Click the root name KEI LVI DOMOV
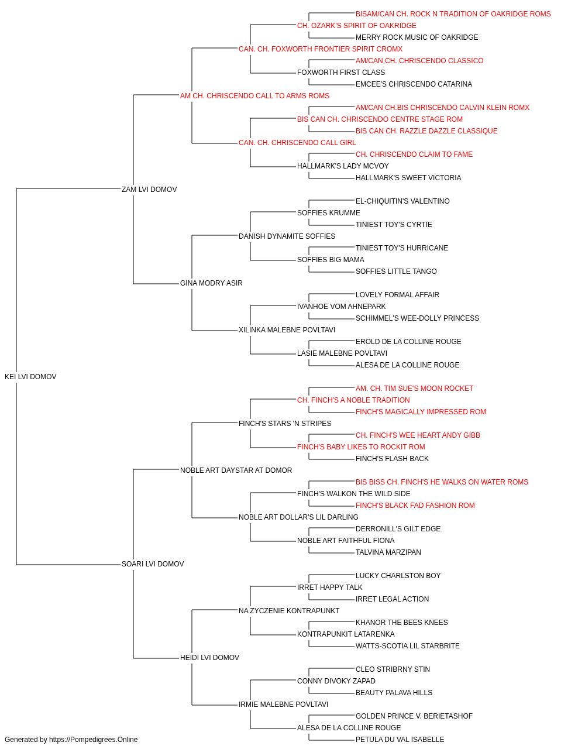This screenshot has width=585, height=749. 30,376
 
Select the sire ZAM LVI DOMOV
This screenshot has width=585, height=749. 149,189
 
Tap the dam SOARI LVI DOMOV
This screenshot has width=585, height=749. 153,564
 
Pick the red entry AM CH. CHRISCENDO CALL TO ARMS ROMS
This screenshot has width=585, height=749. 254,96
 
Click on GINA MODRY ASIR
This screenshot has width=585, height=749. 211,283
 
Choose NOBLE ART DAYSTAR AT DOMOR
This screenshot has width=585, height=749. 236,470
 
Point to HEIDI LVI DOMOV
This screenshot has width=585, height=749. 209,657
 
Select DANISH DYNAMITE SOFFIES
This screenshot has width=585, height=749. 287,236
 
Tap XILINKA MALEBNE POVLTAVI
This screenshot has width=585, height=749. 287,330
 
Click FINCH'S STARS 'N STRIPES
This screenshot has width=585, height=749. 285,423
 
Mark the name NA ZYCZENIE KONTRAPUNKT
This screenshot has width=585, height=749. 289,610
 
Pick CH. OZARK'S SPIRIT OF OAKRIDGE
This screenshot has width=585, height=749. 357,26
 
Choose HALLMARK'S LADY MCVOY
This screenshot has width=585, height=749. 343,166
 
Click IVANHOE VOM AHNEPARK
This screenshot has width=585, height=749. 342,307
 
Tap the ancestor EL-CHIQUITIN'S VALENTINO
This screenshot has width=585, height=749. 402,201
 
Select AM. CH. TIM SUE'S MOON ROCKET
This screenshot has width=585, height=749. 414,388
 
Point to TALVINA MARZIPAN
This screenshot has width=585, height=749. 388,552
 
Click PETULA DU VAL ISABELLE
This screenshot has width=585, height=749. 400,740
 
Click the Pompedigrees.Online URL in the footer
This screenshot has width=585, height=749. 93,740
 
